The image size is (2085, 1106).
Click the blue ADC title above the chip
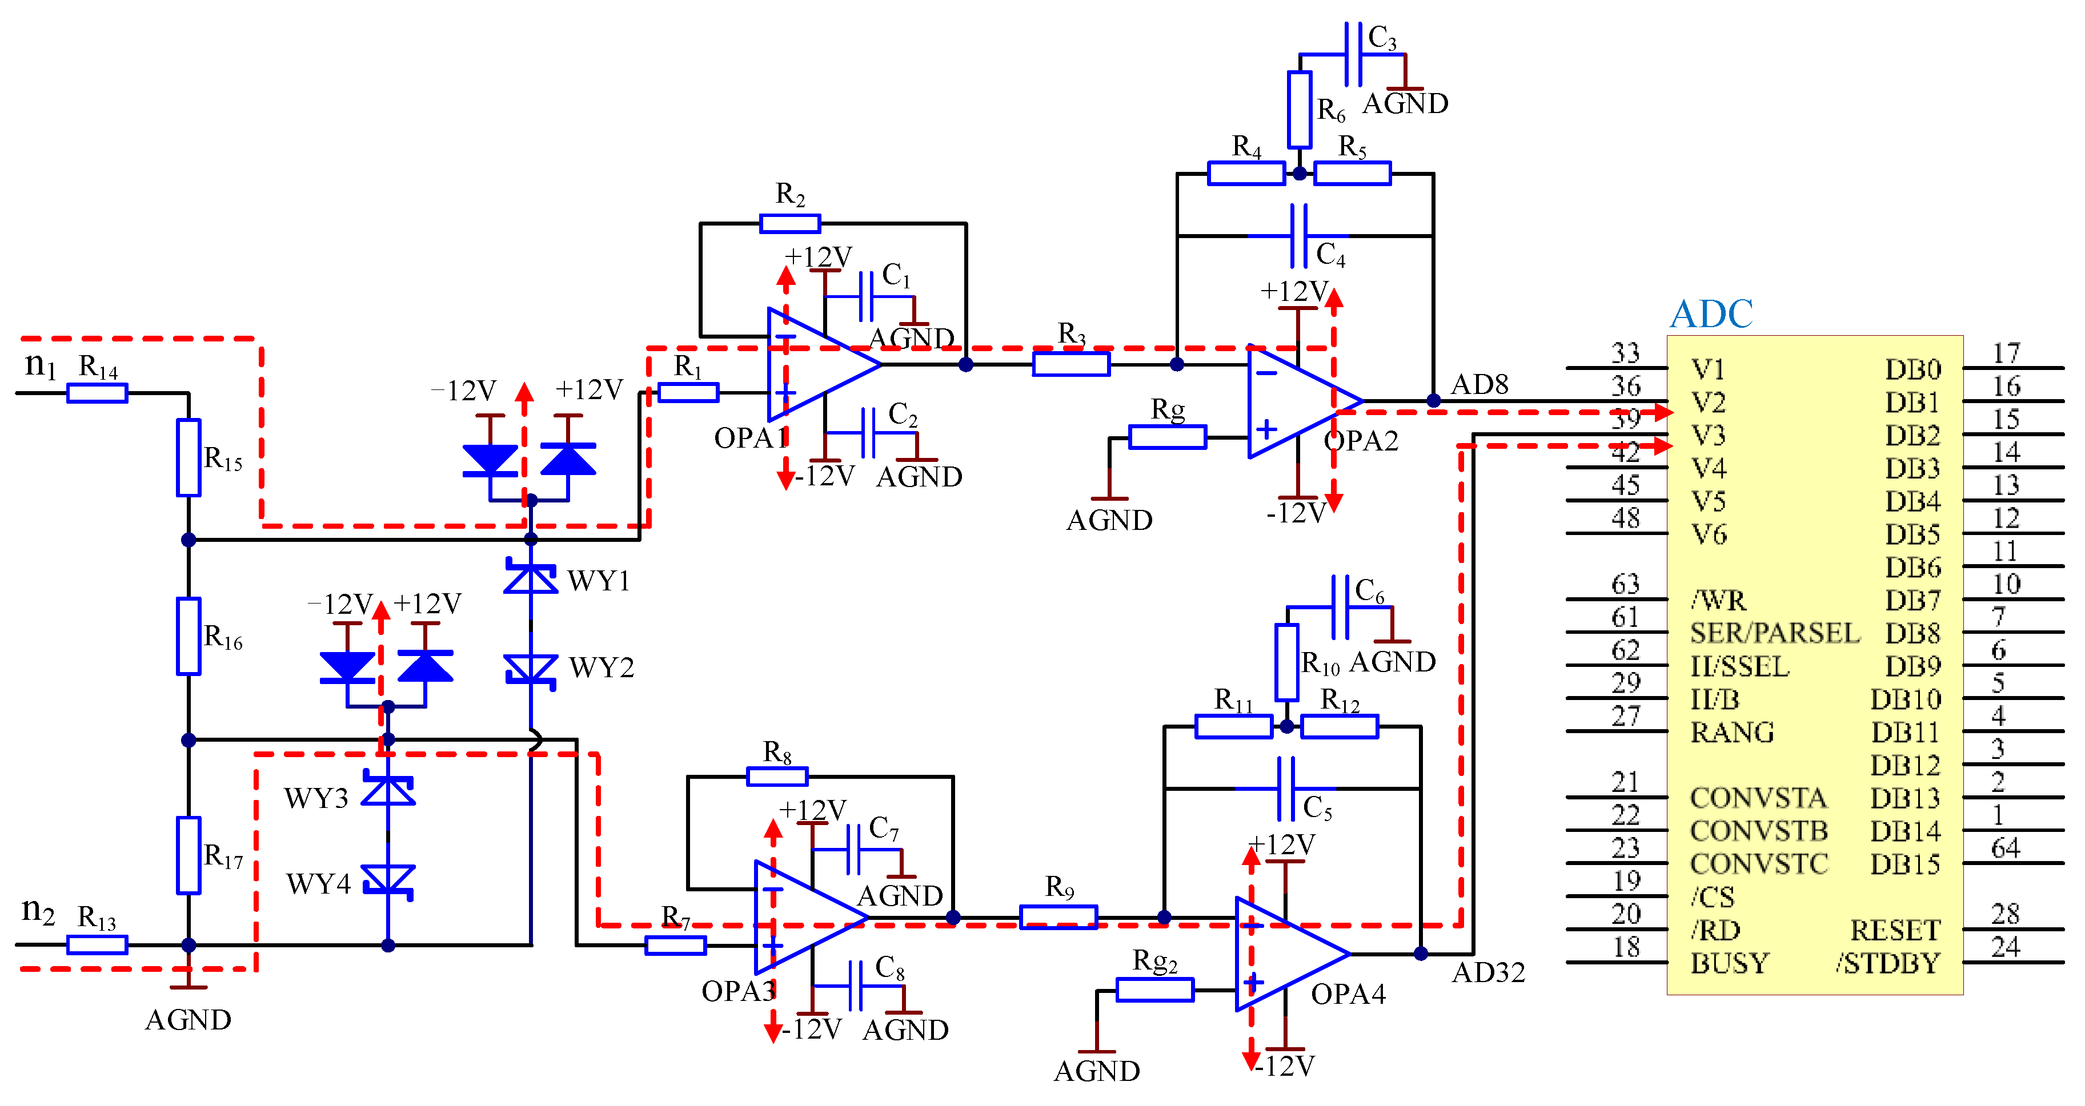point(1711,314)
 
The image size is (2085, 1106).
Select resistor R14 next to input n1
point(97,393)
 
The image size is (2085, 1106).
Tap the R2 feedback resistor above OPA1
point(790,223)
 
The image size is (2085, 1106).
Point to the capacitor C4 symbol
point(1298,235)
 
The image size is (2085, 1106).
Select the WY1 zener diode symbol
point(530,578)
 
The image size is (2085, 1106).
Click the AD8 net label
point(1479,384)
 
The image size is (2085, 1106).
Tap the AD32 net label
point(1487,972)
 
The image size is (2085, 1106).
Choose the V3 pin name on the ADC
point(1709,435)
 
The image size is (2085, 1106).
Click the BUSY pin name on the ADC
point(1730,963)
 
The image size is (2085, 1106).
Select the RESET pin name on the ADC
point(1895,931)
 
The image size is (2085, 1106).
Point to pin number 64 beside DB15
point(2006,848)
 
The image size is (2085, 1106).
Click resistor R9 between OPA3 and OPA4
point(1058,916)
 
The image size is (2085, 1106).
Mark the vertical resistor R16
point(189,636)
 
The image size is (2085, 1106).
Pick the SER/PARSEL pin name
point(1774,633)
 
